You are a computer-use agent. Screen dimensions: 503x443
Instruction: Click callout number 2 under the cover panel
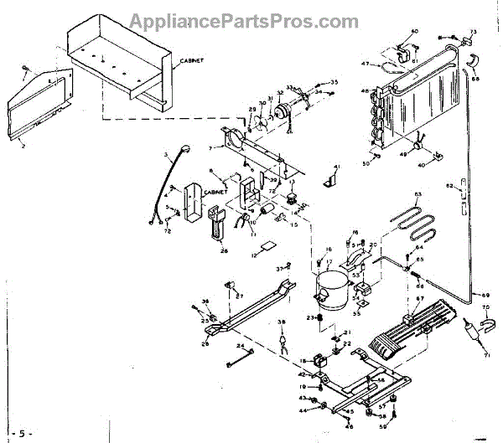pyautogui.click(x=23, y=145)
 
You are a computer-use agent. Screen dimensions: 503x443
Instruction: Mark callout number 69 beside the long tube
pyautogui.click(x=484, y=296)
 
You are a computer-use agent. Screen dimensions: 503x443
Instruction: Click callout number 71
pyautogui.click(x=485, y=356)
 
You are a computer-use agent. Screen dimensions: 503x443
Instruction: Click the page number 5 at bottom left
pyautogui.click(x=22, y=433)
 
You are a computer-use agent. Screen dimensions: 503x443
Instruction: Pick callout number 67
pyautogui.click(x=421, y=299)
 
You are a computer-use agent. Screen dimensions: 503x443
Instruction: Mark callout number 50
pyautogui.click(x=366, y=164)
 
